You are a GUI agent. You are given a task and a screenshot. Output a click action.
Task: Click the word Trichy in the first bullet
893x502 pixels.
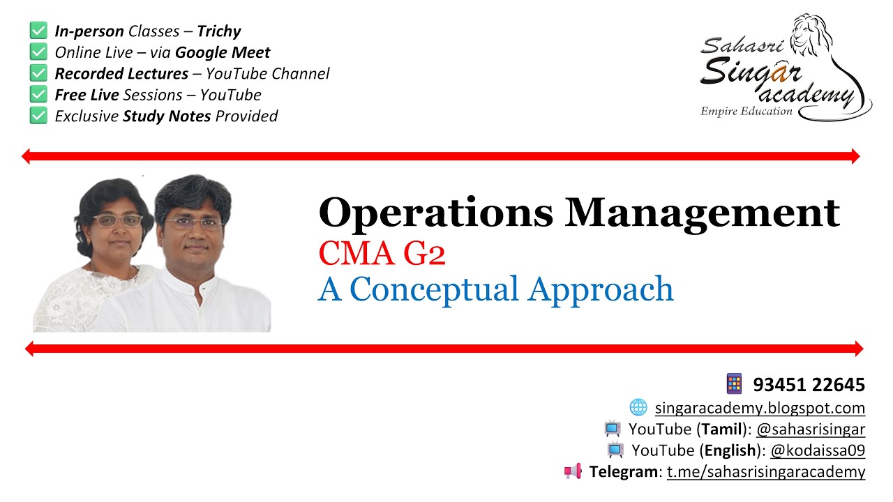(218, 31)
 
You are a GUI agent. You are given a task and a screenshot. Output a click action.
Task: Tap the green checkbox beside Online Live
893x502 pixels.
(38, 52)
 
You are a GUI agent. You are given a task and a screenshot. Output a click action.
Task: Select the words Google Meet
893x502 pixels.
(223, 52)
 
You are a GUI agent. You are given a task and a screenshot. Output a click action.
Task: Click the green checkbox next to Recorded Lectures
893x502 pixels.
(38, 73)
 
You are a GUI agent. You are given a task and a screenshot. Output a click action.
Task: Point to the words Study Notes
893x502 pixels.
(167, 116)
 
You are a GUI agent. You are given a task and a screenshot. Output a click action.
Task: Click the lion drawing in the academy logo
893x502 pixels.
(816, 42)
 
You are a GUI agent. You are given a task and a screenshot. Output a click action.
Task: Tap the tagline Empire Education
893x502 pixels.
(746, 112)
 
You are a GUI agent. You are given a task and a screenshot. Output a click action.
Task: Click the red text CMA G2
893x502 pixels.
(382, 254)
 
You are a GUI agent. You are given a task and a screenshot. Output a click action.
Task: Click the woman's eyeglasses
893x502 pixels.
(116, 221)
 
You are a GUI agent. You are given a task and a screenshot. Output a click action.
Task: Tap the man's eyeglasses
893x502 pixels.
(193, 224)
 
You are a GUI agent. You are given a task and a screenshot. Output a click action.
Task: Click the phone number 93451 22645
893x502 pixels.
(809, 384)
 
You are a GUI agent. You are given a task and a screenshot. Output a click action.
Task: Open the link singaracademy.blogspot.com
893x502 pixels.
(760, 408)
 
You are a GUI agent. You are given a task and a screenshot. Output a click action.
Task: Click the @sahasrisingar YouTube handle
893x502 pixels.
(811, 429)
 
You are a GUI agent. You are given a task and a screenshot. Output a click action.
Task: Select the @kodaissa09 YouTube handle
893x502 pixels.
(818, 450)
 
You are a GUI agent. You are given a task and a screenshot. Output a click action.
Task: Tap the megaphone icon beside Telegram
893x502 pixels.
(573, 472)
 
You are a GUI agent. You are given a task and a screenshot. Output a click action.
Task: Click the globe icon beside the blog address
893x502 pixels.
(638, 407)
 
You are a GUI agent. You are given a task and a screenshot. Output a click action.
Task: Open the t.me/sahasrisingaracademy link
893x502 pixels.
(765, 472)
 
